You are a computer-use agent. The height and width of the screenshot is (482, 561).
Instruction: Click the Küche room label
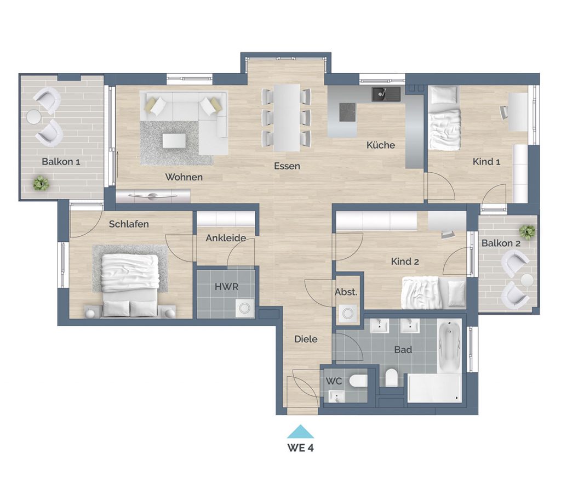381,145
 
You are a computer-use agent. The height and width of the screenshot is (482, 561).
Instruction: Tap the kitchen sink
386,94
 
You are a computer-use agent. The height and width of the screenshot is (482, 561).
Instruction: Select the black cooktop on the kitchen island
347,112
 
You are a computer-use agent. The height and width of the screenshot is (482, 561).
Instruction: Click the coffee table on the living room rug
174,141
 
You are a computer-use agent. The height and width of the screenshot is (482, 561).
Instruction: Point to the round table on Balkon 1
33,116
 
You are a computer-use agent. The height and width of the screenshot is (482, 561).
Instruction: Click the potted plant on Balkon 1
41,183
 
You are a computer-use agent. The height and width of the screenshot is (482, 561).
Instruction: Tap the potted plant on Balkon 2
528,232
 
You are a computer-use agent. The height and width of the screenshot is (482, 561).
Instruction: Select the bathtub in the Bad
450,346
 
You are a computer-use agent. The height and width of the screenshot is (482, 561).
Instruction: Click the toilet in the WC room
358,381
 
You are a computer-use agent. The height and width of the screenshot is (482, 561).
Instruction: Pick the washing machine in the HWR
245,308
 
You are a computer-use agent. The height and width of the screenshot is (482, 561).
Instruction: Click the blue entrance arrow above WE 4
301,432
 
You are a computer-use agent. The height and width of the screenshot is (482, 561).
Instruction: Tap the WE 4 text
301,447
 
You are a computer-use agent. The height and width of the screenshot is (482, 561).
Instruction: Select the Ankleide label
226,238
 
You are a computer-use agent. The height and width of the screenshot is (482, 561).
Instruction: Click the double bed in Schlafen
129,285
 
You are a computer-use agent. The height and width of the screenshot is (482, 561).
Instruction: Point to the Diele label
306,339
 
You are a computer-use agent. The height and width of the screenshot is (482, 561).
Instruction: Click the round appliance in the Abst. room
348,314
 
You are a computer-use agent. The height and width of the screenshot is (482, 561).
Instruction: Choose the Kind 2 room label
405,262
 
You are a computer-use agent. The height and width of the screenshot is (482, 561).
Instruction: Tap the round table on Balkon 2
527,280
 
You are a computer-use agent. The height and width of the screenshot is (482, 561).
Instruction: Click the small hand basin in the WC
336,396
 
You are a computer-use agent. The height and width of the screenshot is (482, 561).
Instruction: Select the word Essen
287,166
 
